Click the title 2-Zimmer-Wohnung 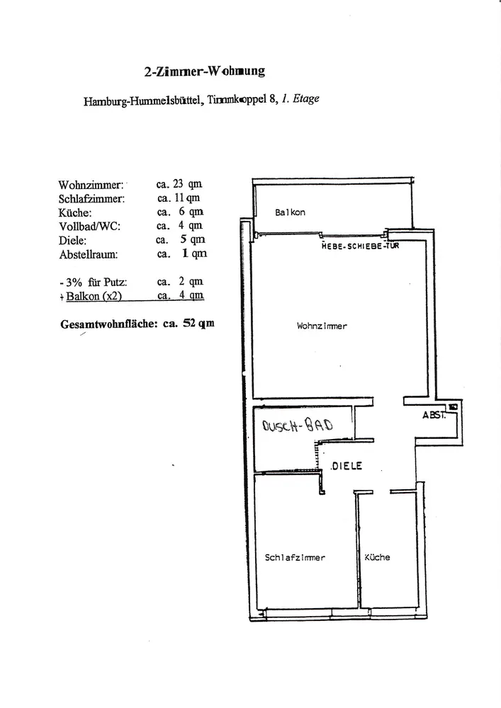click(204, 71)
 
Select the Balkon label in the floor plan click(290, 212)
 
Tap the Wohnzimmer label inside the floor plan click(322, 326)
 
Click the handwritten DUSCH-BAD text click(297, 426)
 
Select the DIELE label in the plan click(347, 466)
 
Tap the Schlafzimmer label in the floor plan click(295, 558)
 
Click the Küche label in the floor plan click(377, 557)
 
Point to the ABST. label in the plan click(434, 416)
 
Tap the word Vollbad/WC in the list click(90, 226)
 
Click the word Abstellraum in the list click(89, 253)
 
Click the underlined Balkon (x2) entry click(96, 296)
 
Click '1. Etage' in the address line click(300, 98)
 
